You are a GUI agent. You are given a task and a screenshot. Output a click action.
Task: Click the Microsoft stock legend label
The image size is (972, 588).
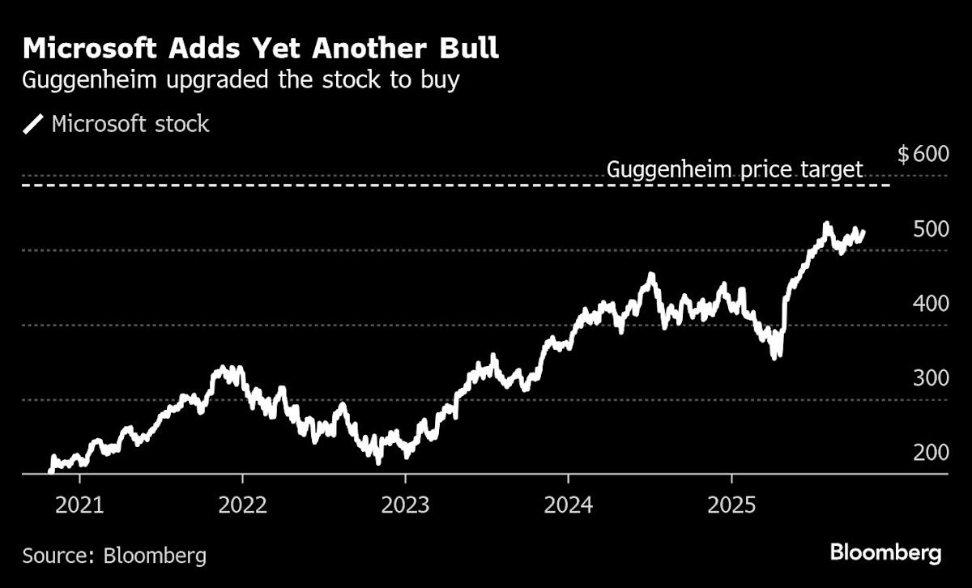130,124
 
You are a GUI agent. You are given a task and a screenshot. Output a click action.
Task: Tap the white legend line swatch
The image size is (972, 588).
34,125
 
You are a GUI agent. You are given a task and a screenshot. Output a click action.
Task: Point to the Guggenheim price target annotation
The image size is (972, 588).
735,170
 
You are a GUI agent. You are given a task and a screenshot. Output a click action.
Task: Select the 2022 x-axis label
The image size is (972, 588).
242,506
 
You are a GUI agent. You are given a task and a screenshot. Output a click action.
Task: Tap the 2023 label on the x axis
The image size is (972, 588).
405,506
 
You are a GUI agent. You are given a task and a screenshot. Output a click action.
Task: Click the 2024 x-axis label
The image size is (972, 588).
568,506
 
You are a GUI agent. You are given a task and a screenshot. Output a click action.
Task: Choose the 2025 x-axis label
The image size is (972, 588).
731,506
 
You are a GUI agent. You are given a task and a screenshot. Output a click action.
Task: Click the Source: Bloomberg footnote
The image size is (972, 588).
114,556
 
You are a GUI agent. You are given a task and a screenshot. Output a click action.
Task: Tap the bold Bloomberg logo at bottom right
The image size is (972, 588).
885,553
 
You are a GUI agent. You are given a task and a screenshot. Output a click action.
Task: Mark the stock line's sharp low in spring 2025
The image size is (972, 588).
777,356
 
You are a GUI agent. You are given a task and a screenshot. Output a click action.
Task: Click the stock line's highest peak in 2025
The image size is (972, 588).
826,224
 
